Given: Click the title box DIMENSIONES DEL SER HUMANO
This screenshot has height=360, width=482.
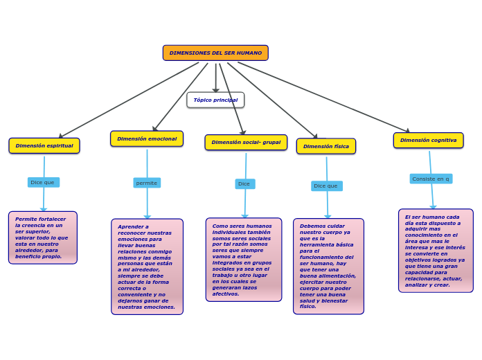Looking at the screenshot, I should pos(215,53).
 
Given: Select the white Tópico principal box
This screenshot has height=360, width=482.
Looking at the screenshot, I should pos(215,100).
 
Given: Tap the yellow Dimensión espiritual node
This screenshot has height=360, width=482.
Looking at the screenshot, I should pos(44,146).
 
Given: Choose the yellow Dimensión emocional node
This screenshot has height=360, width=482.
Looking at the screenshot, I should pos(147,139).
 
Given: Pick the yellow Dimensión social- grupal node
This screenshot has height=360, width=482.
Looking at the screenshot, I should pos(246,143).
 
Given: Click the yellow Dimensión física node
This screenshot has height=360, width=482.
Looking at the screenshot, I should pos(326,147).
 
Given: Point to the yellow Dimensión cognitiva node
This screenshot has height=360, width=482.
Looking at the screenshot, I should pos(429,141).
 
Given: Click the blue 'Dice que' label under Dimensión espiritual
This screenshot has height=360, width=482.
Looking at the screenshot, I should pos(43,183).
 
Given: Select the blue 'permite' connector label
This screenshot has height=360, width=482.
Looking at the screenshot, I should pos(147,183).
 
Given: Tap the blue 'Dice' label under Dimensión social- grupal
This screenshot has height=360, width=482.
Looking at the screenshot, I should pos(244,184).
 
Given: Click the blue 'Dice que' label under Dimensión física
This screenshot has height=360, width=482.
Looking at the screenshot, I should pos(326,186).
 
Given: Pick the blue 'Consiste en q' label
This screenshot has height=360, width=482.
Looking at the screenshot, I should pos(431,179).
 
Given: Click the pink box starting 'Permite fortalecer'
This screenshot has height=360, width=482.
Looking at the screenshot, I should pos(43,238).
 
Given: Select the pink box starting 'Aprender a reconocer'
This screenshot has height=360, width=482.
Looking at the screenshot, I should pos(147,267).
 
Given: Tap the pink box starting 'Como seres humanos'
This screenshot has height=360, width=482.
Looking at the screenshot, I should pos(244,260).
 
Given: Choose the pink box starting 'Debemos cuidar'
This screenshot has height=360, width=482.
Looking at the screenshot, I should pos(328,267).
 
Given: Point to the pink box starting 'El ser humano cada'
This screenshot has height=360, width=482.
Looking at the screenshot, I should pos(436,251).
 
